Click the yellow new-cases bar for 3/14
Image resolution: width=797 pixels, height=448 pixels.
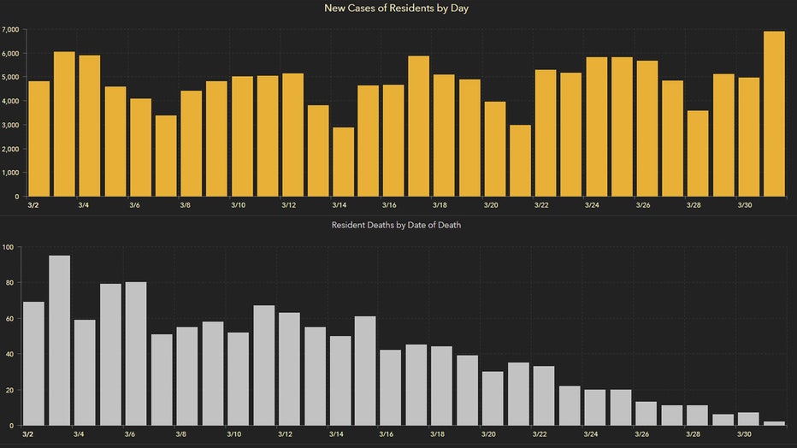pos(343,162)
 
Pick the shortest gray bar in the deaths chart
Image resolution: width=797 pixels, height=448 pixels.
pos(773,422)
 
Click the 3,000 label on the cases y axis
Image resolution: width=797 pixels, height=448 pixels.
pos(10,125)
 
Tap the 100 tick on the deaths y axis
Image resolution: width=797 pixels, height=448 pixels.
pos(8,247)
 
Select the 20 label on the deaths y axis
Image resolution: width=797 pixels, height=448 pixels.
pos(9,390)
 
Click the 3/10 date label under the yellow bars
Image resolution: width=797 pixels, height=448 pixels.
pos(238,205)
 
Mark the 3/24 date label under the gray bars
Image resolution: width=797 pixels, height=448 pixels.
pos(592,434)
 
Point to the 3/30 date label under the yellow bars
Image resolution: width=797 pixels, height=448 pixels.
pos(744,205)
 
